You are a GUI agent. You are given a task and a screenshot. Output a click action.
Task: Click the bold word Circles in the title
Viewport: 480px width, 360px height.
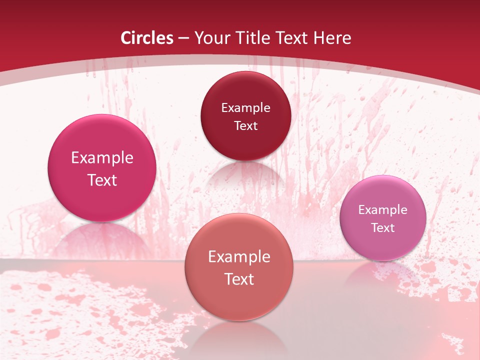tap(147, 38)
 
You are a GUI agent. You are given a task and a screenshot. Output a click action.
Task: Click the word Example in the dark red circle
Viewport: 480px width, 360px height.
tap(245, 107)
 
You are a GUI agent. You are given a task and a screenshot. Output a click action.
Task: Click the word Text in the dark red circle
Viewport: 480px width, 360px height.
tap(245, 125)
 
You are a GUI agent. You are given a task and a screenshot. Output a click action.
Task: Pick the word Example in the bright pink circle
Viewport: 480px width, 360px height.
tap(102, 158)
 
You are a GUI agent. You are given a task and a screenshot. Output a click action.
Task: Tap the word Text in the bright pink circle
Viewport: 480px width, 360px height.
tap(102, 180)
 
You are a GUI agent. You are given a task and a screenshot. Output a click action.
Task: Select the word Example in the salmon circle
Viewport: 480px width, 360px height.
tap(239, 257)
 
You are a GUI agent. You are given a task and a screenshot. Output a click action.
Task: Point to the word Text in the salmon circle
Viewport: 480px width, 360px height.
tap(239, 279)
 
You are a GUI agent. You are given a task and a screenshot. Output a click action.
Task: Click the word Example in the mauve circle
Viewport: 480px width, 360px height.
tap(383, 209)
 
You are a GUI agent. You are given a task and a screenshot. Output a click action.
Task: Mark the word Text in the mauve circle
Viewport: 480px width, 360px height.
tap(383, 227)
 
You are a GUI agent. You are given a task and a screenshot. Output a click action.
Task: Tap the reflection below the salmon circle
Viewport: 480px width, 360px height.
tap(239, 337)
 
